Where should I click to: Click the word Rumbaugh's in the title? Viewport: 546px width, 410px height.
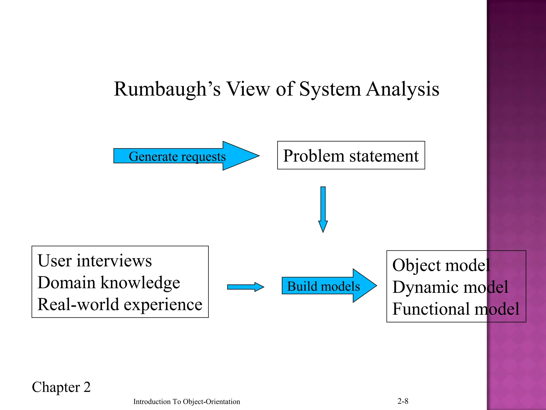(x=167, y=89)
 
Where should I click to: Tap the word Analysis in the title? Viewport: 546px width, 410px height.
(x=403, y=89)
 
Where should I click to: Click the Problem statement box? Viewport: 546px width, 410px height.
(x=351, y=155)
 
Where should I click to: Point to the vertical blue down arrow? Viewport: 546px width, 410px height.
(x=323, y=208)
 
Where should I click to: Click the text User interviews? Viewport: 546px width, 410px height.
(x=95, y=261)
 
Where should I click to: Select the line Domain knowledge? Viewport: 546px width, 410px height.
(x=109, y=282)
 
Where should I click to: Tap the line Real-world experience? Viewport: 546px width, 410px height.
(x=120, y=304)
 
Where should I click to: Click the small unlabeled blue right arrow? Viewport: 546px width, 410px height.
(x=245, y=287)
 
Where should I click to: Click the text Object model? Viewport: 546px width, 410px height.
(x=441, y=265)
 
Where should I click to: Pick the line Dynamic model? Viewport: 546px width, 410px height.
(x=450, y=287)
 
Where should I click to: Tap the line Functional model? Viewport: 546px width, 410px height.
(x=456, y=309)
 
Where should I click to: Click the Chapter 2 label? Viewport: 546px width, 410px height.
(x=61, y=387)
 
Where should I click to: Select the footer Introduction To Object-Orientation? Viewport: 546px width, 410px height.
(x=187, y=402)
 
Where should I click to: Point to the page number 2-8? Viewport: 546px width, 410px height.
(x=403, y=401)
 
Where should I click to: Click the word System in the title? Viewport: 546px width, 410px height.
(x=330, y=89)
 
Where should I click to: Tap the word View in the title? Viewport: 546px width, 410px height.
(x=248, y=89)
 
